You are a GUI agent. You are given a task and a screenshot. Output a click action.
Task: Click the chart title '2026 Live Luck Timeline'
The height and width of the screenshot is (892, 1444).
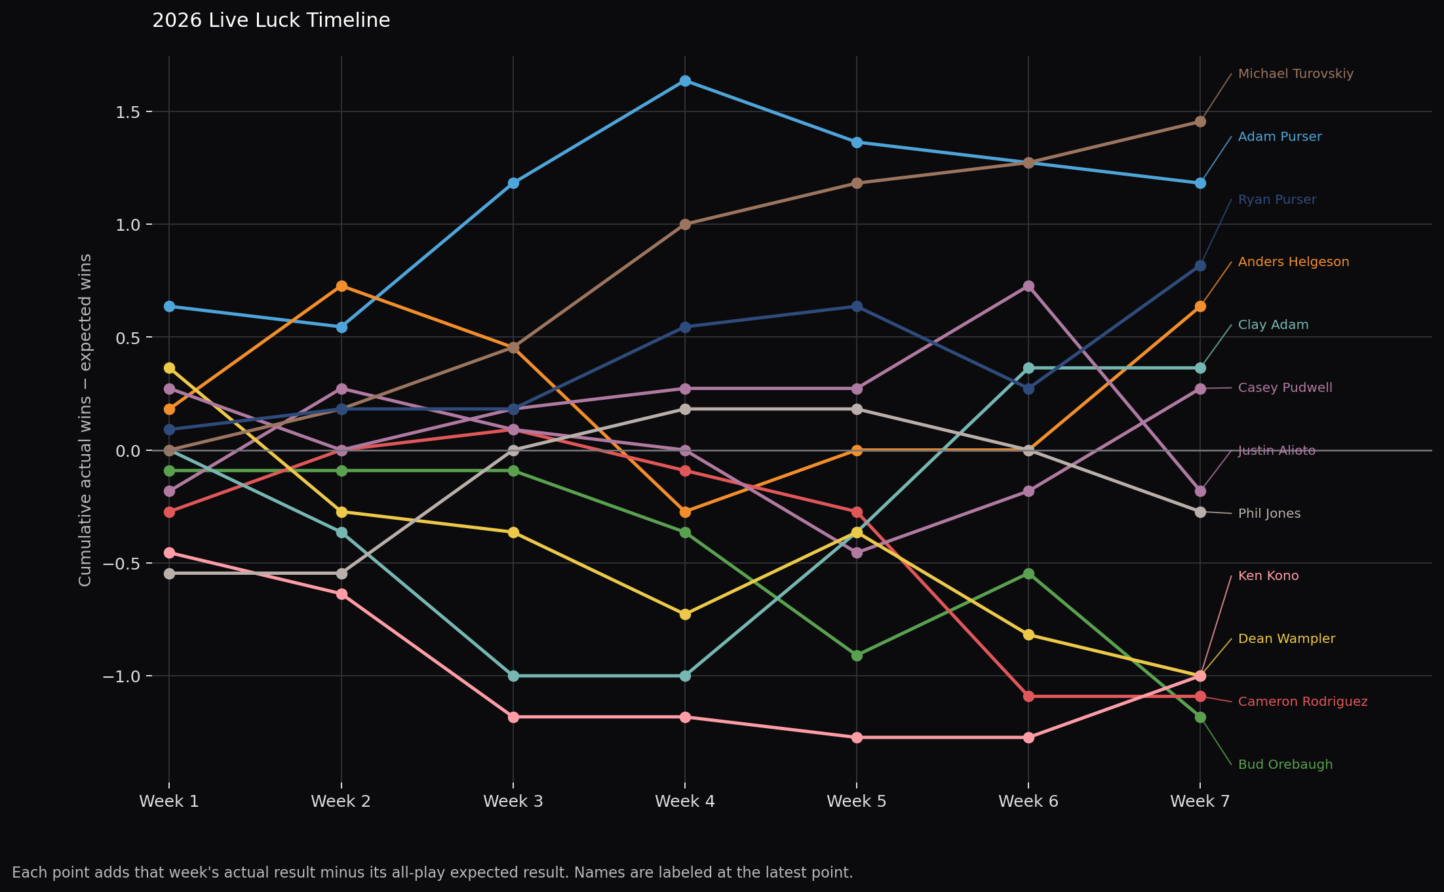[271, 21]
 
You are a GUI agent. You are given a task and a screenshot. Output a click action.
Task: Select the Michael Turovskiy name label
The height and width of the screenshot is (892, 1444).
[1296, 74]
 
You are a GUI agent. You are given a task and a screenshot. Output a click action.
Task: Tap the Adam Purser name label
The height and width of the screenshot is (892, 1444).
[1280, 137]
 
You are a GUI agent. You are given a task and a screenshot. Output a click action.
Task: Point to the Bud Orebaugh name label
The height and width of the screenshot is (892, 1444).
[1285, 765]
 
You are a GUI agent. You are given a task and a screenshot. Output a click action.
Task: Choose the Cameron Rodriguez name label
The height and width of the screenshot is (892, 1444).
[1303, 702]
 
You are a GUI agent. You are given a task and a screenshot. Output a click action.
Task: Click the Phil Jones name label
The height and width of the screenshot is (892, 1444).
[1270, 514]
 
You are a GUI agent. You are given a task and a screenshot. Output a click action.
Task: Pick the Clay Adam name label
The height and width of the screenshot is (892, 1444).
[1274, 325]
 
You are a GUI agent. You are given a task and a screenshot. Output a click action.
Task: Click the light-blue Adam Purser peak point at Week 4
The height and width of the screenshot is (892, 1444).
[685, 81]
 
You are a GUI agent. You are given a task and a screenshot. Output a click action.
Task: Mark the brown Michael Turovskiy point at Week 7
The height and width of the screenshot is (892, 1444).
[1200, 122]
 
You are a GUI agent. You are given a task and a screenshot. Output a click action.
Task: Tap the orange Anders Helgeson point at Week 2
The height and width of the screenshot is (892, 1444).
[341, 286]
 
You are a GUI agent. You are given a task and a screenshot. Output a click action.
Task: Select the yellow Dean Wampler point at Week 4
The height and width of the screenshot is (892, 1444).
[685, 615]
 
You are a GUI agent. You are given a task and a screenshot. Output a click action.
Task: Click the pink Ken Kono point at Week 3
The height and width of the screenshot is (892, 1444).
[513, 717]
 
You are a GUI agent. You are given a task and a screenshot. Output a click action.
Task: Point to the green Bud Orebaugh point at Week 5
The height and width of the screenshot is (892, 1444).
[857, 655]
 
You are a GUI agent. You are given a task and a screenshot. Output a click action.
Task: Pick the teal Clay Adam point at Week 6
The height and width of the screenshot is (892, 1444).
[1028, 368]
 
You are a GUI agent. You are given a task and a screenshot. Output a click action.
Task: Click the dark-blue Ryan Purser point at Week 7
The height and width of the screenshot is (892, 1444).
[1200, 265]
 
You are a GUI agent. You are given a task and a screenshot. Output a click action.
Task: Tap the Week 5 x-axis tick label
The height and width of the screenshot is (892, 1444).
[857, 802]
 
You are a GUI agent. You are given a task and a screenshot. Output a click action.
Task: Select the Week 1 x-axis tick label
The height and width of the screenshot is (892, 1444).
[169, 802]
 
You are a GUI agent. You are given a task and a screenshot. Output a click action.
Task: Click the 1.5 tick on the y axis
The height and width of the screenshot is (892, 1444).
[129, 112]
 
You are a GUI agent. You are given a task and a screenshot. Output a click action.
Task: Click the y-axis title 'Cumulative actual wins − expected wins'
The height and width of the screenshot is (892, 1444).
[85, 420]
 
